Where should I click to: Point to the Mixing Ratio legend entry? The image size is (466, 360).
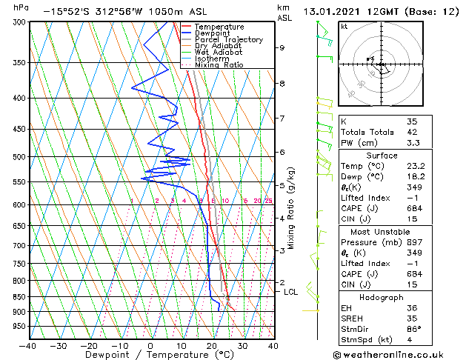pos(214,65)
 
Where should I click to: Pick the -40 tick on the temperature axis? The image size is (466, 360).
pos(28,345)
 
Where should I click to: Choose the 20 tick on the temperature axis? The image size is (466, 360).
pos(212,345)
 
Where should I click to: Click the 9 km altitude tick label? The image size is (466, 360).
pos(282,48)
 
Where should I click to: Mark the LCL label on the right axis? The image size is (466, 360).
pos(291,292)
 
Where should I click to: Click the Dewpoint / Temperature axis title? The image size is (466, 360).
pos(150,355)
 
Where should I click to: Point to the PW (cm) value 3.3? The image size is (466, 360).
pos(413,143)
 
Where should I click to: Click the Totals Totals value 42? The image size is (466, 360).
pos(413,132)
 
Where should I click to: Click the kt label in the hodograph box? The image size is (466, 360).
pos(344,27)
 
